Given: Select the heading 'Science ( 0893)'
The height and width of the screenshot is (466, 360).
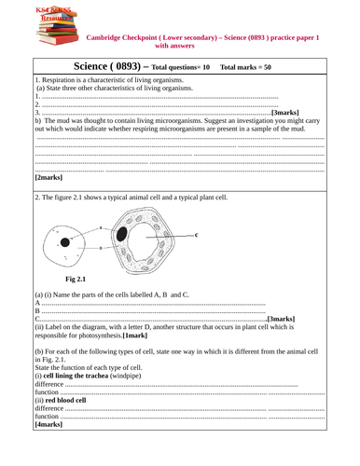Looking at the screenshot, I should click(92, 66).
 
